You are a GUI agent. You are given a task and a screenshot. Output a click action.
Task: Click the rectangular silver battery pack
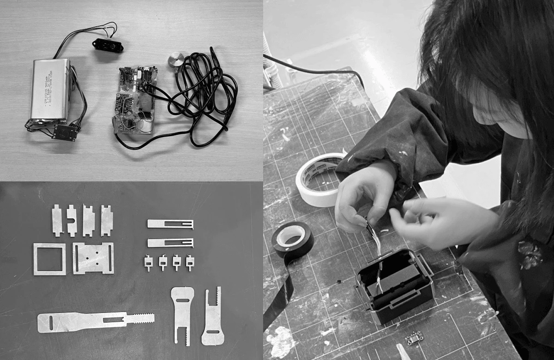[x=50, y=90]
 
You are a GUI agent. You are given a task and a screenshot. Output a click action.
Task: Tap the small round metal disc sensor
[x=175, y=60]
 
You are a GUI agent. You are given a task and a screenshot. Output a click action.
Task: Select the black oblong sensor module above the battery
[x=108, y=45]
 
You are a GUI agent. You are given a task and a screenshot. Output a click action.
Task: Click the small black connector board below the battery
[x=64, y=132]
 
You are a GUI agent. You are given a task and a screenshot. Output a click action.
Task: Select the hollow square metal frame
[x=49, y=259]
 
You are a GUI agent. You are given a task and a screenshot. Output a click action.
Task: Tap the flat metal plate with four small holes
[x=93, y=258]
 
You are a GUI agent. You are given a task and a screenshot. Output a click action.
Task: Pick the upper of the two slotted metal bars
[x=170, y=224]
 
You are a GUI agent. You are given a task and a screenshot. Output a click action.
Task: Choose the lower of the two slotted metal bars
[x=170, y=243]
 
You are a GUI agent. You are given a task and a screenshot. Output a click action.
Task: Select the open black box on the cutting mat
[x=395, y=284]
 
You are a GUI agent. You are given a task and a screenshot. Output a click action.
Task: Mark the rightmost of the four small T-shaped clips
[x=190, y=263]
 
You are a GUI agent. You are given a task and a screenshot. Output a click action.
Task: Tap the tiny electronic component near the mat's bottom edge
[x=414, y=340]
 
